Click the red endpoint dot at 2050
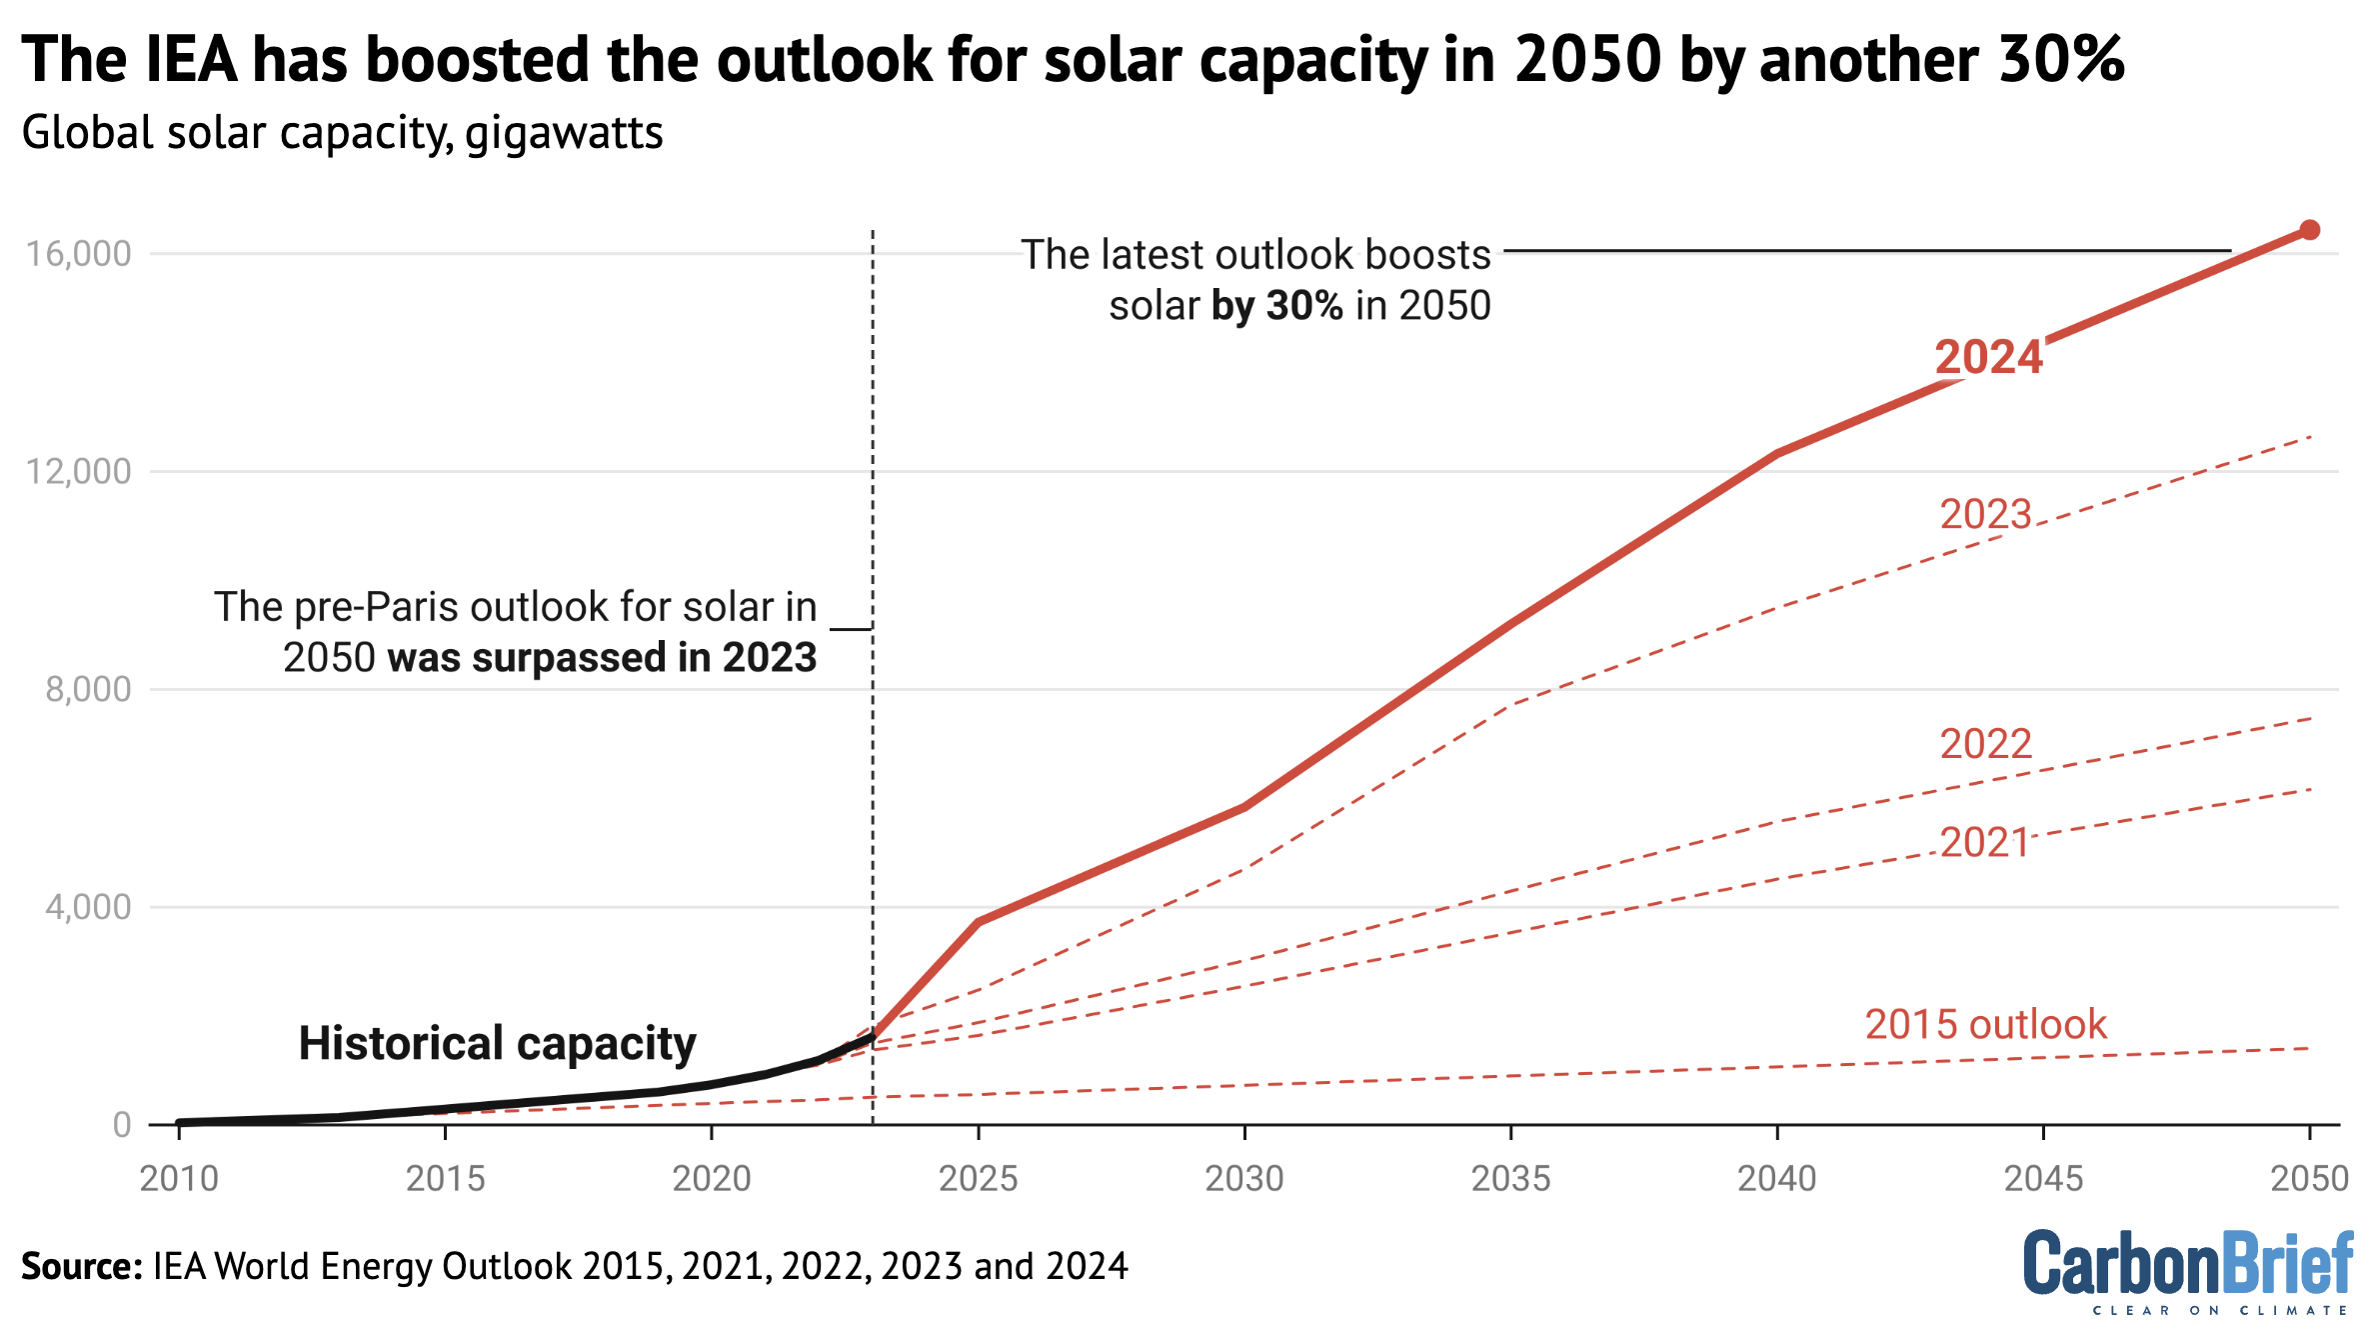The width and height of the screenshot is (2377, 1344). click(x=2309, y=230)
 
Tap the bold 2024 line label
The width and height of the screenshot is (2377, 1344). click(x=1988, y=357)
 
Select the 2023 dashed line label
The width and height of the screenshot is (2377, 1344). click(x=1985, y=514)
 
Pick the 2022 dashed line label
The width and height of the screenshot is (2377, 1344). click(x=1985, y=744)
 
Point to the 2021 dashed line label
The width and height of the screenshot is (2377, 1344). click(x=1984, y=843)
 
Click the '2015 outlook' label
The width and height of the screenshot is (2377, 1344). click(x=1985, y=1025)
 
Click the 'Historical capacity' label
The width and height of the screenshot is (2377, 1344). click(x=497, y=1043)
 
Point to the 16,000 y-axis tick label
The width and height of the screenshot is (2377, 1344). click(x=79, y=254)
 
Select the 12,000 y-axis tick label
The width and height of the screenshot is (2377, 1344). click(x=79, y=472)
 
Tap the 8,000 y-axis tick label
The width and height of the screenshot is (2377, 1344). click(x=88, y=690)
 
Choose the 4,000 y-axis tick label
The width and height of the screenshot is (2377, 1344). click(x=88, y=908)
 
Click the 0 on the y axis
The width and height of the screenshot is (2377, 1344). click(x=122, y=1125)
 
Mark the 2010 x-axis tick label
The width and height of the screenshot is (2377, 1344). click(x=179, y=1179)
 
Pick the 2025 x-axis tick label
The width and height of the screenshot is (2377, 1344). click(x=978, y=1179)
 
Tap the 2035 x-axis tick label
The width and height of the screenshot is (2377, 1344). click(x=1510, y=1179)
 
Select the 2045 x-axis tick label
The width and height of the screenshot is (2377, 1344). click(x=2043, y=1179)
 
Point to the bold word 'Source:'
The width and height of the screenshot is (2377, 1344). click(x=82, y=1267)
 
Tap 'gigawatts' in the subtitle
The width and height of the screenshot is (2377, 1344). click(x=564, y=134)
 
